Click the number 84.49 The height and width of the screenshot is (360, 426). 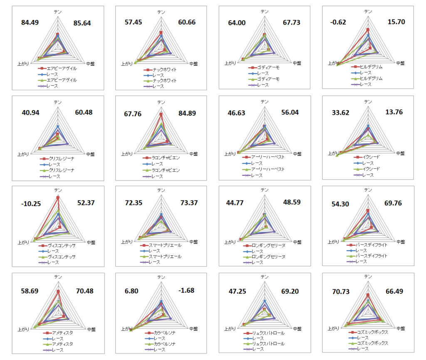[30, 22]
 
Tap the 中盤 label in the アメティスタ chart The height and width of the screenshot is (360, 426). [91, 329]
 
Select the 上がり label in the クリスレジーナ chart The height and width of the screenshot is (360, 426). [23, 154]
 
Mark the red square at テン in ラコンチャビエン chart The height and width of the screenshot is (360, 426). [161, 114]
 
